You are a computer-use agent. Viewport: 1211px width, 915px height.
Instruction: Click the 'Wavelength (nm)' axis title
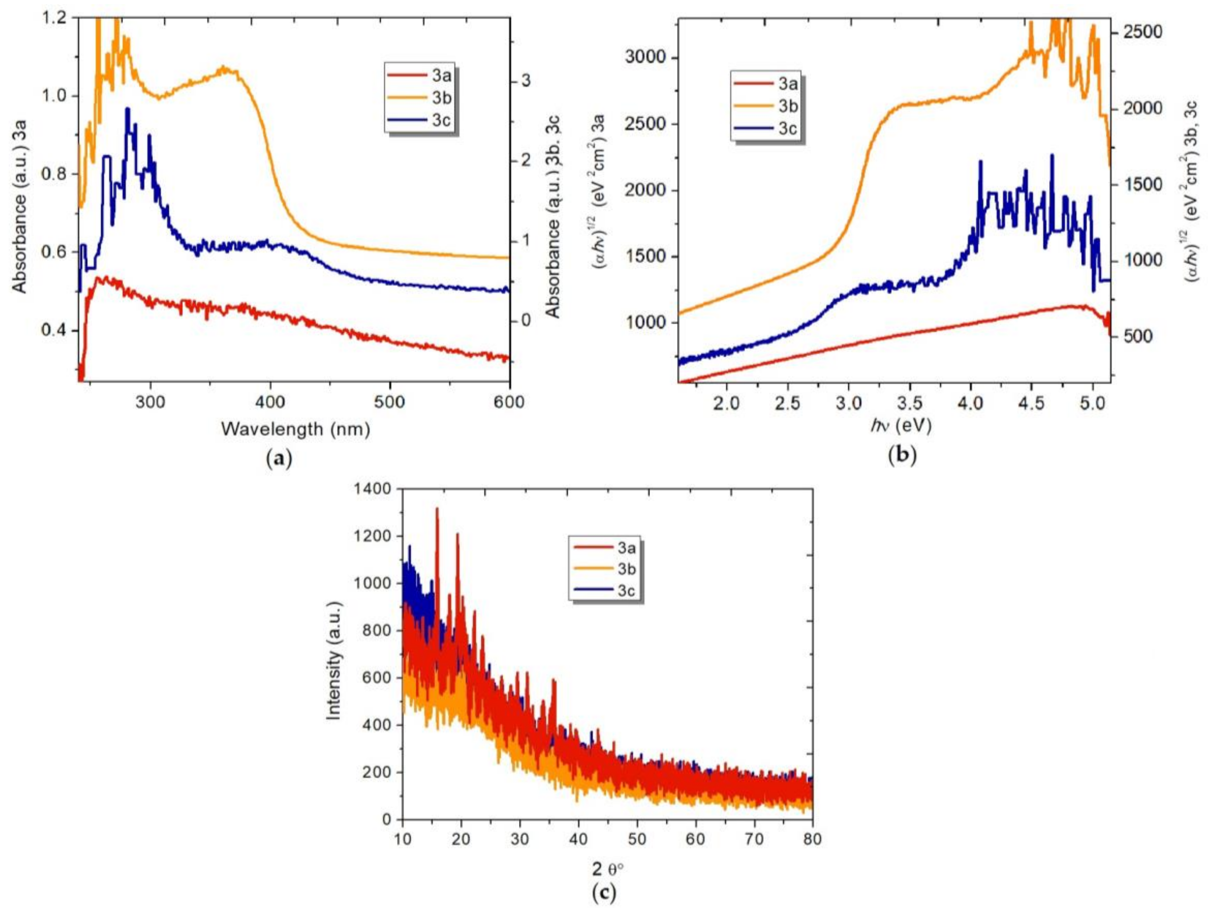click(x=296, y=429)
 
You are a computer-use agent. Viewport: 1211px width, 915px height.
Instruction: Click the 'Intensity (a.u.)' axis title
click(x=334, y=661)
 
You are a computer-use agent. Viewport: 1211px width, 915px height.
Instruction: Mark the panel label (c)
click(x=604, y=893)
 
